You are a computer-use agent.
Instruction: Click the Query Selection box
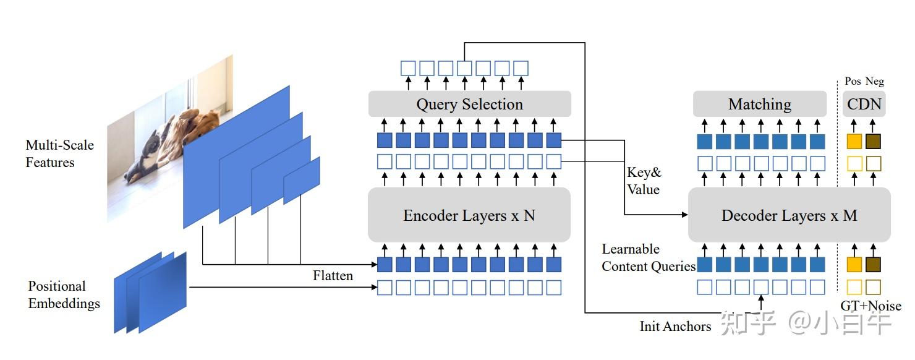click(469, 104)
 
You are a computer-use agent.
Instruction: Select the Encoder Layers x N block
click(469, 215)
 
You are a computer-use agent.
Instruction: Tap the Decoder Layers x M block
click(789, 215)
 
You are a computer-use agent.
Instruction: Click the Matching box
click(759, 104)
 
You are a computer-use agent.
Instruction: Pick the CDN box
click(864, 104)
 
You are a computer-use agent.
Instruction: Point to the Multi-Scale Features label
click(59, 154)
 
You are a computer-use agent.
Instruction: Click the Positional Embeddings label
click(64, 295)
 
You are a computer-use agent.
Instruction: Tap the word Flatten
click(333, 276)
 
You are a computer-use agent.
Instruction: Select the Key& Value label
click(644, 181)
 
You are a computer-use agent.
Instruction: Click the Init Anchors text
click(675, 326)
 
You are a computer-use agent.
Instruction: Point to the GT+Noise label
click(870, 306)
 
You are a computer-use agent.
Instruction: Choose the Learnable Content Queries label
click(648, 258)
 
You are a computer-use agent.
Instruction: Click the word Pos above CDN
click(853, 81)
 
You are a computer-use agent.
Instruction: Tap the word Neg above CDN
click(874, 81)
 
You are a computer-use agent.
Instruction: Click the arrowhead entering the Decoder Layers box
click(684, 215)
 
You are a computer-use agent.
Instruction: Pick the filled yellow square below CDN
click(854, 141)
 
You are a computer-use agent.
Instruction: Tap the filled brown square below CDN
click(873, 141)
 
